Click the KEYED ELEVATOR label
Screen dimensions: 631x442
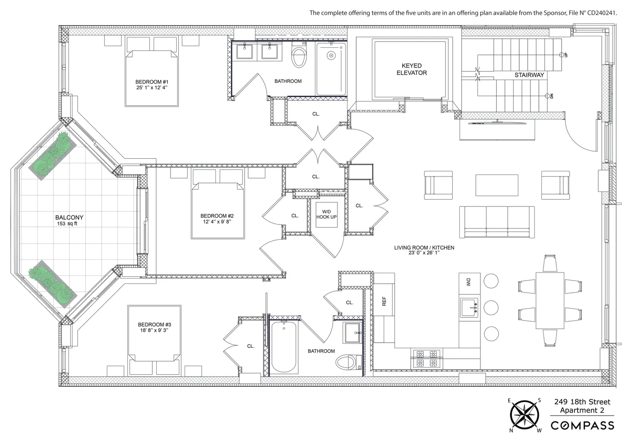click(x=412, y=69)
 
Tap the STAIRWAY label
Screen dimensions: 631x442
click(x=529, y=75)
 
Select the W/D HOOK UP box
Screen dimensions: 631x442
click(x=326, y=214)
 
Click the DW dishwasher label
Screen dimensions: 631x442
click(x=469, y=282)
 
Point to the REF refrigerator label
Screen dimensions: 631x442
click(x=384, y=301)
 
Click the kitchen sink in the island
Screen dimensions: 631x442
click(x=469, y=308)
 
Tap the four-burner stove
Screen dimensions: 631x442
click(x=427, y=358)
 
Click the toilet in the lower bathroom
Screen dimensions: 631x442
click(x=349, y=362)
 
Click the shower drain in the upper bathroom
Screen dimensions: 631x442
click(x=331, y=55)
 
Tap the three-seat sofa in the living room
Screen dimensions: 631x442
click(x=497, y=222)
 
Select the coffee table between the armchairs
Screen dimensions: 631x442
click(x=497, y=185)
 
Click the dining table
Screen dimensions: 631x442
click(x=550, y=301)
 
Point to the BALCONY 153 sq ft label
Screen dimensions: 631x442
click(x=69, y=220)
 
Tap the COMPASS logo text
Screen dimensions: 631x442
click(x=582, y=425)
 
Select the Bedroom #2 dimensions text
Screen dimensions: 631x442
click(x=217, y=221)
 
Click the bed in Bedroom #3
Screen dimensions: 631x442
click(x=154, y=340)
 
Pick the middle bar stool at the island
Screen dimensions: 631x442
click(x=491, y=308)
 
